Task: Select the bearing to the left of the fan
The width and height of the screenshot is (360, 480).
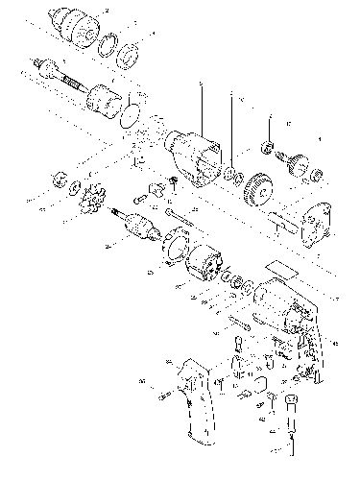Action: tap(60, 180)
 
